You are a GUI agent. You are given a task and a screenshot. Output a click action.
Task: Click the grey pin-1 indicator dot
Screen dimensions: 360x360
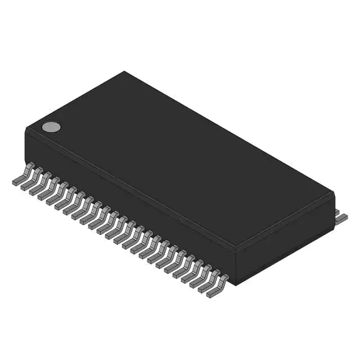(x=51, y=127)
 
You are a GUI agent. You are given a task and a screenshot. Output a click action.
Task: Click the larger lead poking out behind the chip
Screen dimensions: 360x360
(x=341, y=218)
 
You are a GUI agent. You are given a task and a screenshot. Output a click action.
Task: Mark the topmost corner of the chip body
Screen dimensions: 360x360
(x=124, y=71)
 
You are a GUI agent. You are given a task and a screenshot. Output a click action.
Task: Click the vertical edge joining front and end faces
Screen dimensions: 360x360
(x=236, y=264)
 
